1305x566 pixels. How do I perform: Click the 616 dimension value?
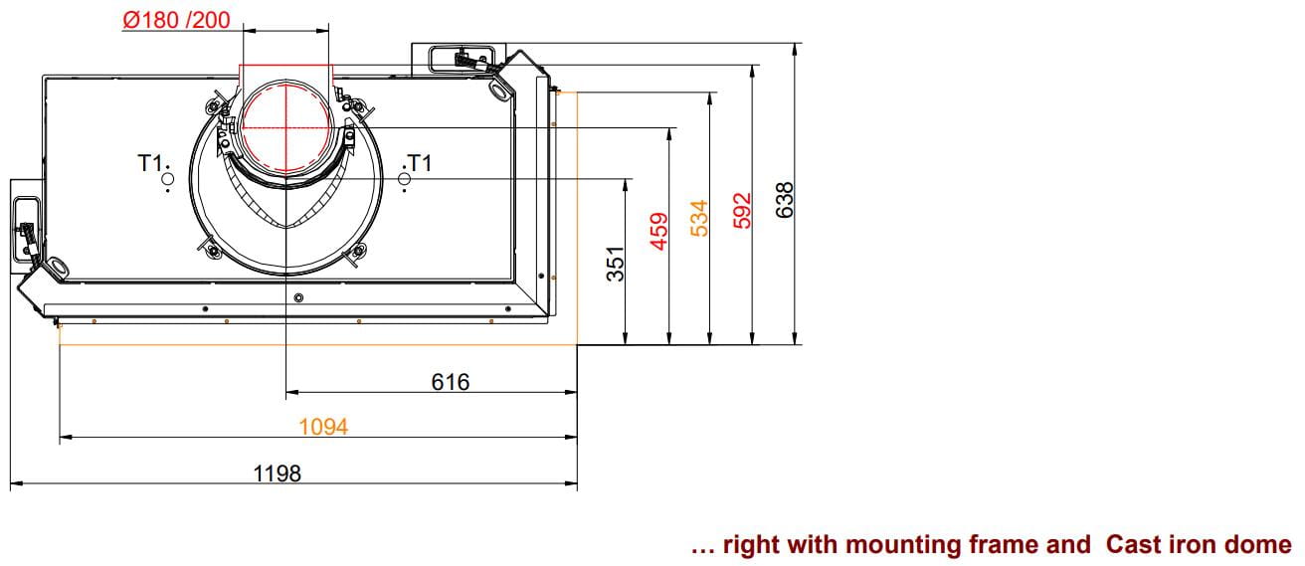pos(451,382)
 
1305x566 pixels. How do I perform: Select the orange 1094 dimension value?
pos(323,427)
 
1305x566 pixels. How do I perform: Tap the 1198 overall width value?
pos(278,473)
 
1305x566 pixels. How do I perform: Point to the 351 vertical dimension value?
pos(616,264)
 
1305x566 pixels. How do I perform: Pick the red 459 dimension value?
pos(658,232)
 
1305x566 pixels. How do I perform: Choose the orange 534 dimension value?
pos(699,219)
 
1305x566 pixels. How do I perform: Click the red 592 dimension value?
pos(742,211)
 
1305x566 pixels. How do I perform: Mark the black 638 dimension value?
pos(785,200)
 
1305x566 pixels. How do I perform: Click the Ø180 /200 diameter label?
pos(176,20)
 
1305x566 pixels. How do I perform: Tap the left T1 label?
pos(150,162)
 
